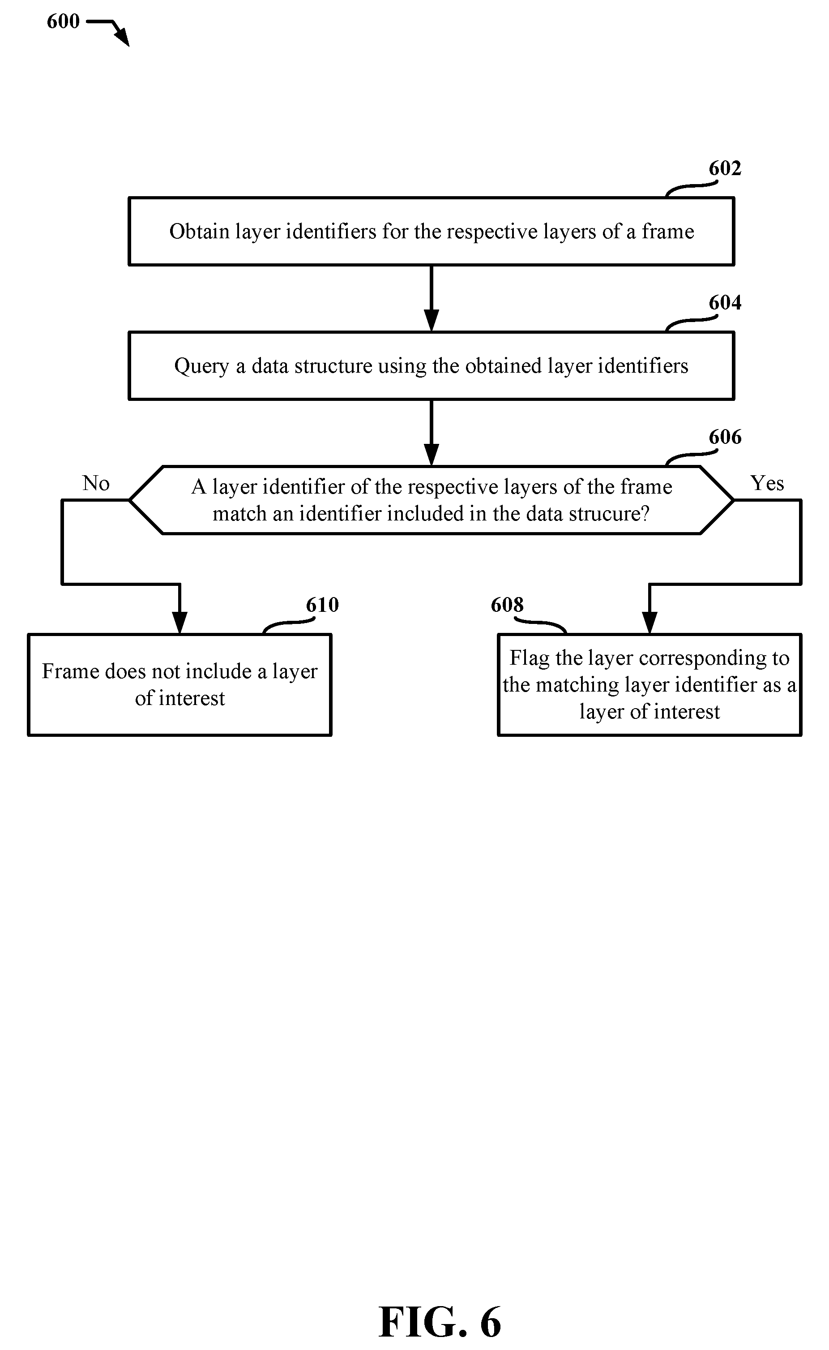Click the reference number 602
pos(725,168)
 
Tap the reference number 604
pos(725,303)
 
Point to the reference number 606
pos(725,437)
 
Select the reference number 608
pos(507,605)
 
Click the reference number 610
pos(322,605)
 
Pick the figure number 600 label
pos(63,21)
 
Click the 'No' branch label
pos(96,483)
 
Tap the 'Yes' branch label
pos(767,483)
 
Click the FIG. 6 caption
pos(440,1322)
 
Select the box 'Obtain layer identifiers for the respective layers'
pos(432,232)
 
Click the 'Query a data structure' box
pos(432,366)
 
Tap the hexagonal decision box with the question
pos(432,500)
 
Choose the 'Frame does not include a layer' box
pos(180,684)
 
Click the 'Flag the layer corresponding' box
pos(650,684)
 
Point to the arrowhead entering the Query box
pos(432,320)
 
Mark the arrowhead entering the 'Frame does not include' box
pos(180,623)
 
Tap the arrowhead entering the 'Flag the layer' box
pos(650,623)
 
